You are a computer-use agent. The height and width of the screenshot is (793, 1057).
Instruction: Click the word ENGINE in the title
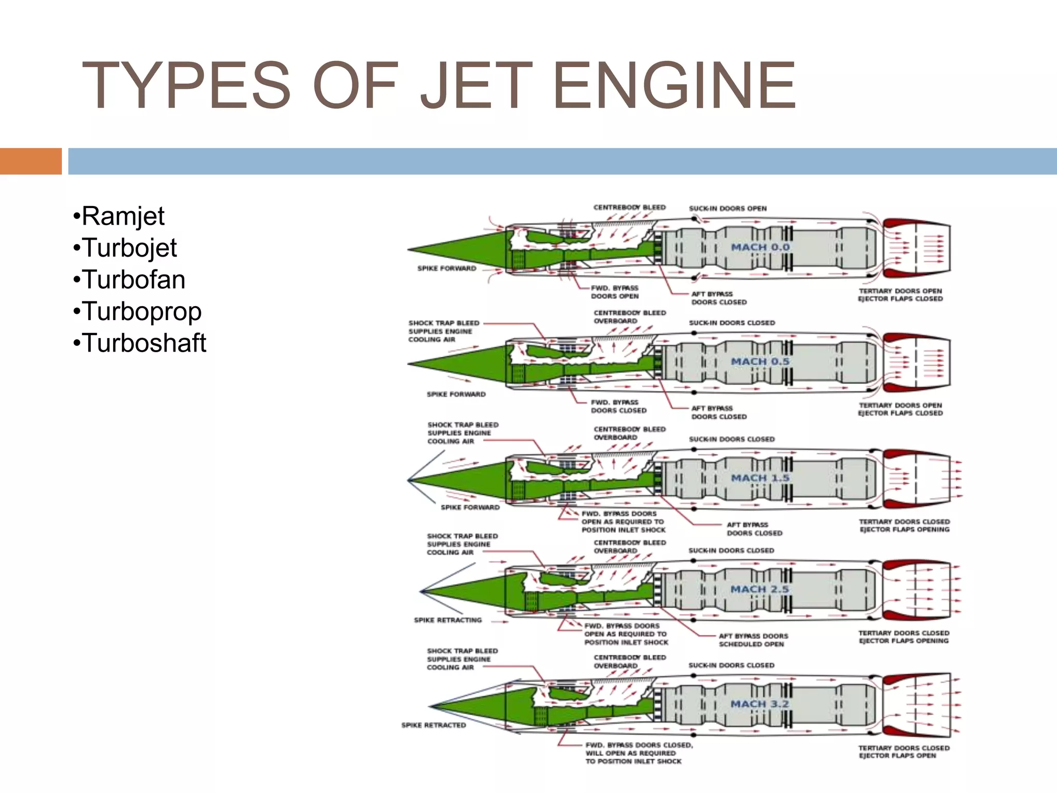675,86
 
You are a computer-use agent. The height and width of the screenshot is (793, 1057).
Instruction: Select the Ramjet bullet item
123,216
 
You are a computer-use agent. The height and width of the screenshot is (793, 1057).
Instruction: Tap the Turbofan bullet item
133,279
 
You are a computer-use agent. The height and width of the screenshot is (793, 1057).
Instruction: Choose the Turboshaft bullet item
144,343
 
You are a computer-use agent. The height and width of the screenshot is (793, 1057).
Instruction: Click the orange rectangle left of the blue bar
30,161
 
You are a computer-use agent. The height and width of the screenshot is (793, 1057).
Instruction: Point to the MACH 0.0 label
760,247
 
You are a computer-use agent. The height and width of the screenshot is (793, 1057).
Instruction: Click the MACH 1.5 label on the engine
760,478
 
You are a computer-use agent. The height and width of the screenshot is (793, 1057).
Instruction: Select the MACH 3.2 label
760,704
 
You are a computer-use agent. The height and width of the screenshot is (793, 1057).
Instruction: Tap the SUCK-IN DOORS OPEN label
728,209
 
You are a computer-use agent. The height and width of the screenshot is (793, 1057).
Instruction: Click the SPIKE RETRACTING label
447,620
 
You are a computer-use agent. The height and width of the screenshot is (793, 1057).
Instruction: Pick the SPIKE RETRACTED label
434,725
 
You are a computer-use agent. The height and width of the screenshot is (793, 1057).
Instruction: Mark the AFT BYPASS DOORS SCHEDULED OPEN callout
753,640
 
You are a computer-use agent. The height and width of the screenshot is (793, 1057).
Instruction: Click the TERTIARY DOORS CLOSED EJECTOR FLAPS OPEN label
903,752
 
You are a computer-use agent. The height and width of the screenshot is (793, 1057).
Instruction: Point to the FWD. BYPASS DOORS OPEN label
615,292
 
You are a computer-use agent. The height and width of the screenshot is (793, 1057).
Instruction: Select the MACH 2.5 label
760,590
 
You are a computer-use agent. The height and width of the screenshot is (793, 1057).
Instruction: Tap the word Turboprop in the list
141,311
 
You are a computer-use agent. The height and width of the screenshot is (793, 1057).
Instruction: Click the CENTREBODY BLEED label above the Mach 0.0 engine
629,208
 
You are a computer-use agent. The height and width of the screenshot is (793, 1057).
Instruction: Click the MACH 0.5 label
760,362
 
